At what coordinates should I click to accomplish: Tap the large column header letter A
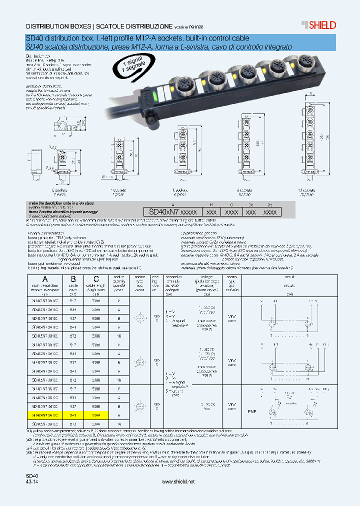coord(45,279)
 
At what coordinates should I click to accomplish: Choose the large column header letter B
coord(73,279)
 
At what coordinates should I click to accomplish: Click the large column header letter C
coord(96,279)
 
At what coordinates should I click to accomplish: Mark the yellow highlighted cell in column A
coord(45,414)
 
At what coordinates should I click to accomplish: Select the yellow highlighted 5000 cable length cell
coord(96,414)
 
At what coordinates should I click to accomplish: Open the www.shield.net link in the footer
coord(178,481)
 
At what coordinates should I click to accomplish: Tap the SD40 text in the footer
coord(31,475)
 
